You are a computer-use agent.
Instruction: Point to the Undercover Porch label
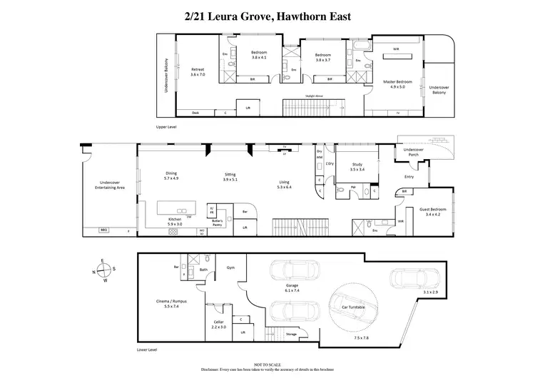click(414, 152)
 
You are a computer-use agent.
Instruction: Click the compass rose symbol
click(105, 270)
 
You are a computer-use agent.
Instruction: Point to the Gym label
click(230, 267)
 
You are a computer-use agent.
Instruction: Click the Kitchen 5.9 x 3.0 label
click(174, 221)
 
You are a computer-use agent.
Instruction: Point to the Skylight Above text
click(314, 95)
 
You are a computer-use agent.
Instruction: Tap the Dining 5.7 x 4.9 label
click(171, 175)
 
